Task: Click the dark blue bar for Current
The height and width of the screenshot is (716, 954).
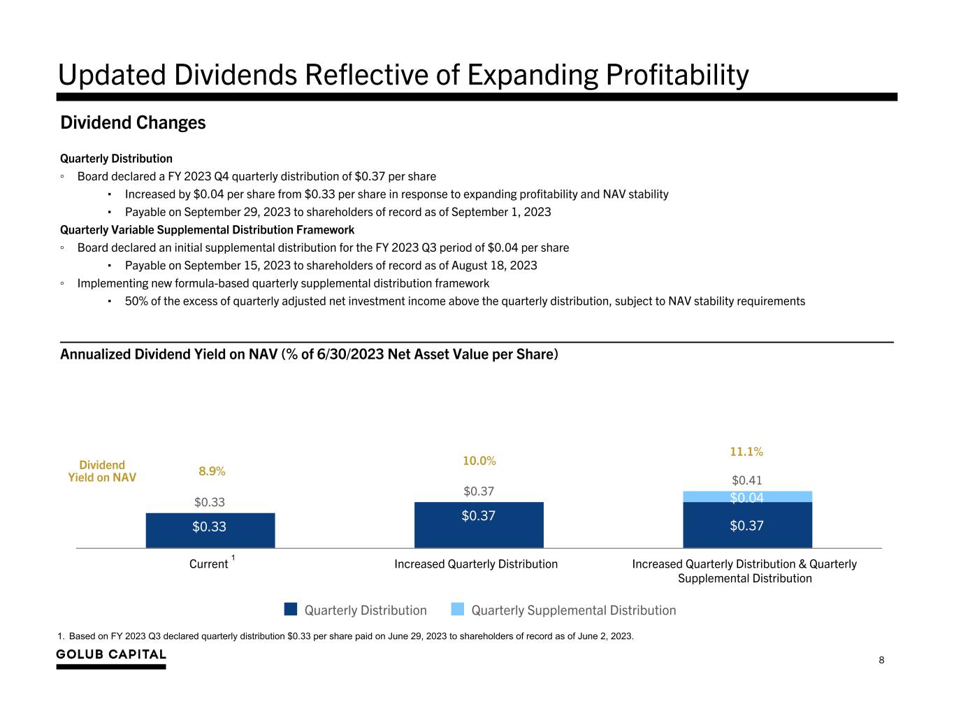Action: coord(210,530)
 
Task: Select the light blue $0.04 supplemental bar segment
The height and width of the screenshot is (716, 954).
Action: coord(747,496)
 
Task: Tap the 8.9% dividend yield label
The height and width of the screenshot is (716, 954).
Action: coord(212,471)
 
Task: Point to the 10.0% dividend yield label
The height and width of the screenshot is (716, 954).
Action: coord(479,461)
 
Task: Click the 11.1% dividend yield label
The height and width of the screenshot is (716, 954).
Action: coord(746,452)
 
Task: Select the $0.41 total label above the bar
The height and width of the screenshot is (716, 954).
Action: coord(746,480)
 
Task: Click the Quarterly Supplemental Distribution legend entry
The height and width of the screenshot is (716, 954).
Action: coord(573,610)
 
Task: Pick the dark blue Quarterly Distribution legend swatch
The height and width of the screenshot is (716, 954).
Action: coord(291,610)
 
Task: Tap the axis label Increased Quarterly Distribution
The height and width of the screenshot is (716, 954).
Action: coord(476,564)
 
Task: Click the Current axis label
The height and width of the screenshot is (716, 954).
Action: coord(209,564)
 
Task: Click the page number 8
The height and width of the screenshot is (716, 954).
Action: coord(881,660)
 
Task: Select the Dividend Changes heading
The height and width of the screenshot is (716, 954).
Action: coord(133,123)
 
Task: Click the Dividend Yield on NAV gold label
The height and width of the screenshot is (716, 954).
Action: coord(102,471)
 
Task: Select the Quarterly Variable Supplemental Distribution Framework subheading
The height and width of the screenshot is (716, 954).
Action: coord(207,229)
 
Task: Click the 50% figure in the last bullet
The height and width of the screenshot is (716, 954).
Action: coord(136,301)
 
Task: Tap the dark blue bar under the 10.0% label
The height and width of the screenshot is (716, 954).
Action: coord(479,524)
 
